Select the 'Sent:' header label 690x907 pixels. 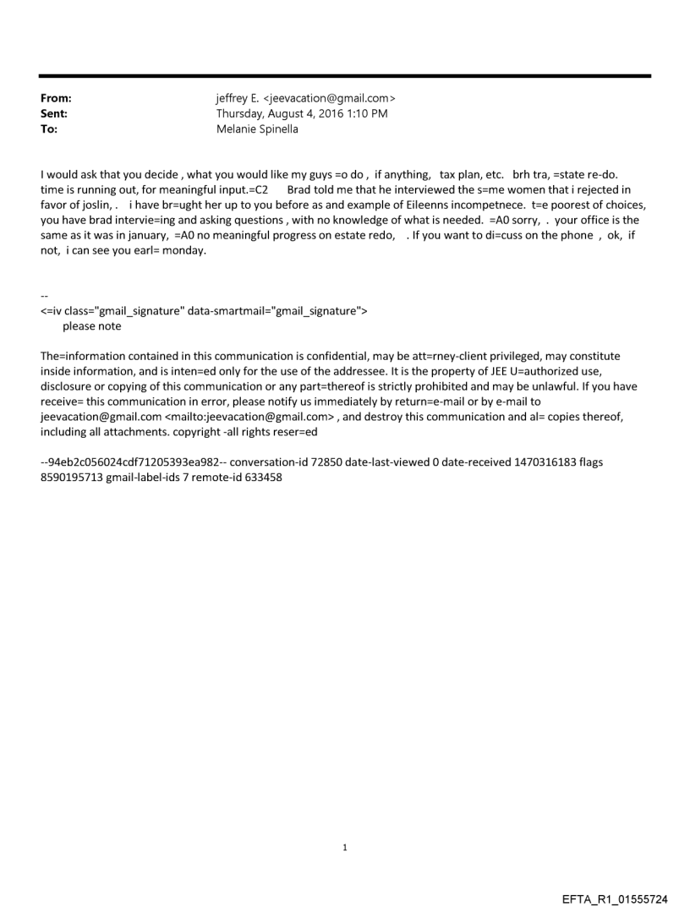tap(53, 112)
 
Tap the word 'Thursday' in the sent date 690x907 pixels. tap(242, 112)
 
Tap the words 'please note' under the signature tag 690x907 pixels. tap(91, 326)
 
